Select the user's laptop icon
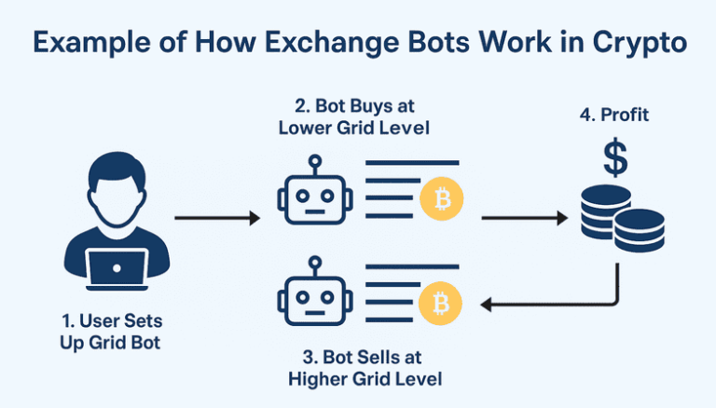pos(117,270)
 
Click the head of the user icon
pos(117,190)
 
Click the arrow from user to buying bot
pos(217,219)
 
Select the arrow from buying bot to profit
pos(524,219)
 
